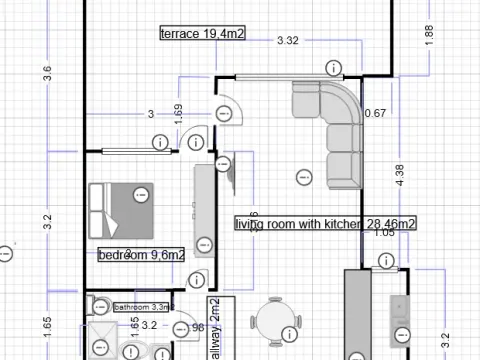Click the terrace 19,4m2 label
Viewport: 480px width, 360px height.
[204, 34]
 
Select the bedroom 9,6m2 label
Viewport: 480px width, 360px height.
[141, 255]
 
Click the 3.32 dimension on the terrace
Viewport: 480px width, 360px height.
[288, 41]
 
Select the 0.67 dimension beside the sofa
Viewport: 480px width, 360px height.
[375, 113]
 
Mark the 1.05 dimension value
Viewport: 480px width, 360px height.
[384, 233]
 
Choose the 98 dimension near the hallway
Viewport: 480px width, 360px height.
[197, 327]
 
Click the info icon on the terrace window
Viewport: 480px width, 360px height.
[333, 67]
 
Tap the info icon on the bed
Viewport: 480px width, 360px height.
[141, 192]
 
